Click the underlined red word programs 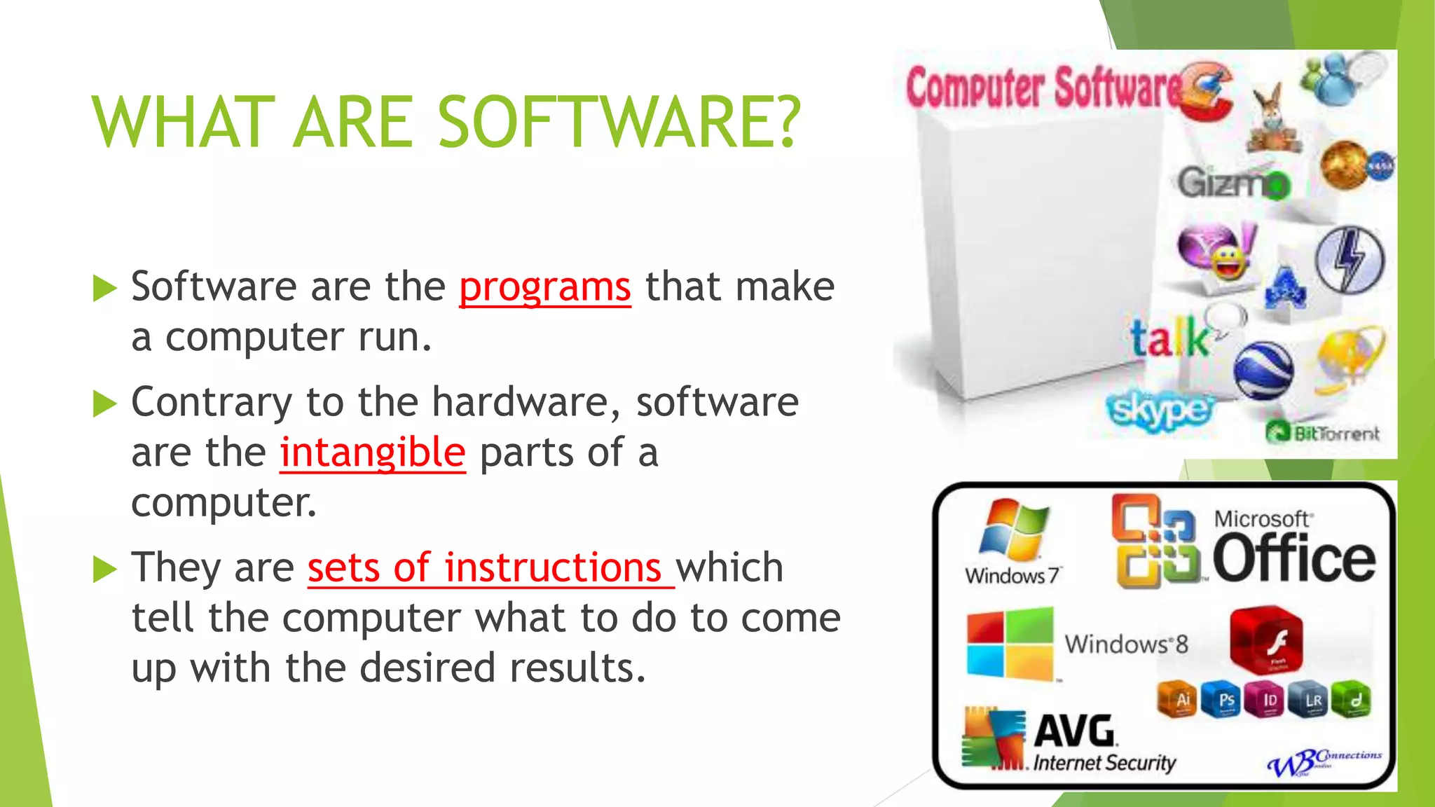coord(544,287)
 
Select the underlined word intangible coord(372,453)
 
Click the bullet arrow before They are coord(104,570)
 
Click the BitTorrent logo coord(1323,433)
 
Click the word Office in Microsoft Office coord(1293,559)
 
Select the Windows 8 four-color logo coord(1010,644)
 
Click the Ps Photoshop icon coord(1225,700)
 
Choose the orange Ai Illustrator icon coord(1182,700)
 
